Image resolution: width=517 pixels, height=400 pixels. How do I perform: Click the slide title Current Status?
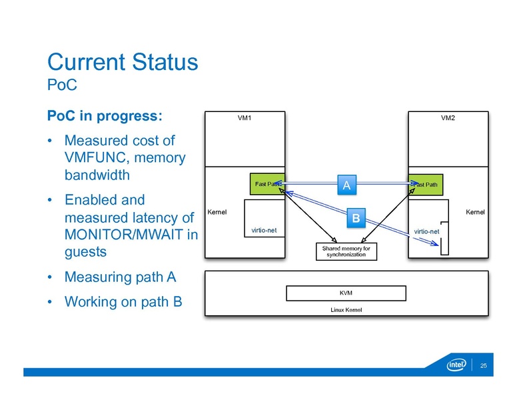click(123, 63)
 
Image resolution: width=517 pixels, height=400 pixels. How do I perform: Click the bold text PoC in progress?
click(104, 115)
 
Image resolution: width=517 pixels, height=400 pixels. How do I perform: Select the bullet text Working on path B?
click(123, 301)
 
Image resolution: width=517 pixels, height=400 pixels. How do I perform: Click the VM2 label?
click(448, 118)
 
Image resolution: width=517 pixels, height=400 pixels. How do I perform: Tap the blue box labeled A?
click(346, 185)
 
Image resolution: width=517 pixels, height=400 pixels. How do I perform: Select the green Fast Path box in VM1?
click(266, 184)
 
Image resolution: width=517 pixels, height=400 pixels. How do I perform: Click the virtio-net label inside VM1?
click(264, 230)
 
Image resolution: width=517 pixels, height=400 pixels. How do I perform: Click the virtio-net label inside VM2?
click(426, 231)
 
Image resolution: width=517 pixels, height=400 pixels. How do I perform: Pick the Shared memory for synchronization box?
click(345, 251)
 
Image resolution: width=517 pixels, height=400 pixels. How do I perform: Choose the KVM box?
click(346, 293)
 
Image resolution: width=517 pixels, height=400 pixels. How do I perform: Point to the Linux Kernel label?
click(346, 310)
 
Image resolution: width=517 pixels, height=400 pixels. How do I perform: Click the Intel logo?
click(456, 365)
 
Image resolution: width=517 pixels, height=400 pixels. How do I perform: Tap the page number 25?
click(484, 366)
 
